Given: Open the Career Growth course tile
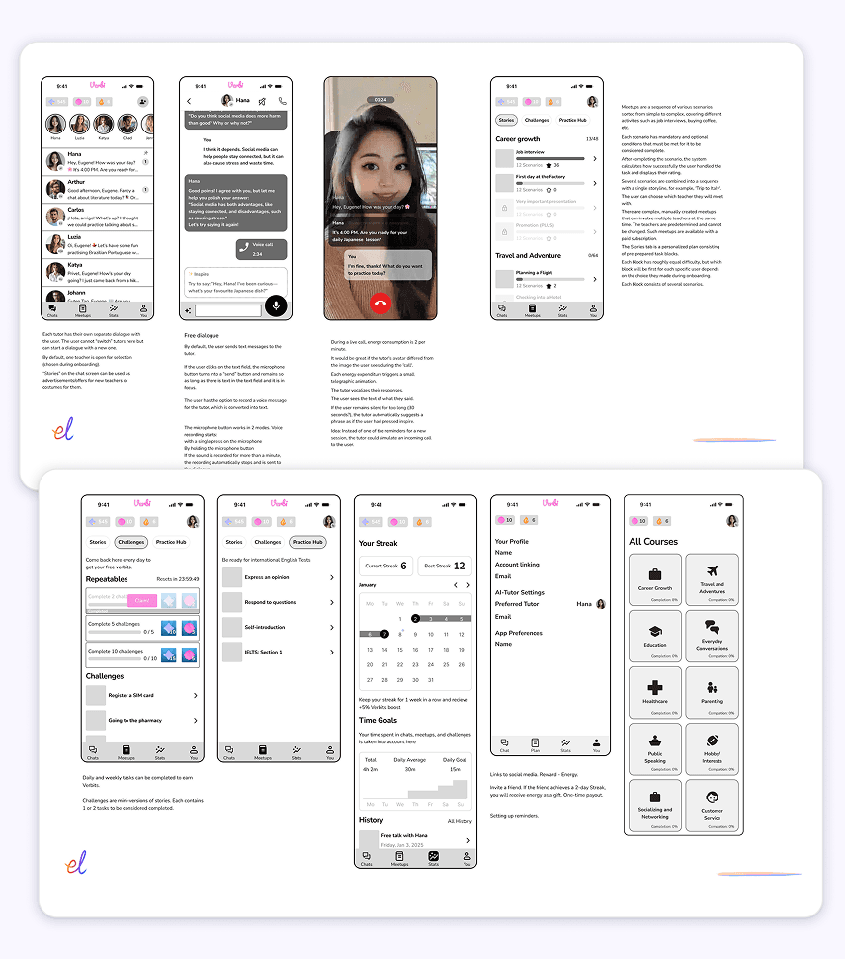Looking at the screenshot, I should click(x=654, y=579).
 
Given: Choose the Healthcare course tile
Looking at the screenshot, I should click(x=654, y=692).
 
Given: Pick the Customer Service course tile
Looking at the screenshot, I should click(x=712, y=805).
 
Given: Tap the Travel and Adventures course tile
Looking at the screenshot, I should click(x=712, y=579).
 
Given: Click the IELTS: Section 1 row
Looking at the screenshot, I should click(x=278, y=652).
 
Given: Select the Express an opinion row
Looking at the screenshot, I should click(x=278, y=576).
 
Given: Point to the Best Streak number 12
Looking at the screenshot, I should click(x=459, y=566).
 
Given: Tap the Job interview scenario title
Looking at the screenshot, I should click(x=531, y=152).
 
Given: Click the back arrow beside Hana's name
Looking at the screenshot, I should click(x=190, y=101).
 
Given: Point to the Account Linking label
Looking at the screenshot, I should click(x=517, y=565).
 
